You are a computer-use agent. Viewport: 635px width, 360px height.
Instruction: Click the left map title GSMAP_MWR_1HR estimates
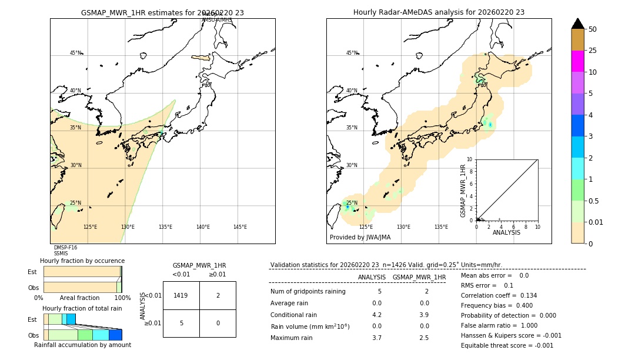click(162, 12)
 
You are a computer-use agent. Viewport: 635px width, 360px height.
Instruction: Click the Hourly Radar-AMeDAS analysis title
click(439, 12)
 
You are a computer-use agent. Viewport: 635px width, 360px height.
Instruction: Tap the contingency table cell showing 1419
click(181, 295)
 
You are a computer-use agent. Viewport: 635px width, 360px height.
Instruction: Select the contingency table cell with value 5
click(181, 323)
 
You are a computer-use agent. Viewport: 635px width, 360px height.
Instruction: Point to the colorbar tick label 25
click(593, 51)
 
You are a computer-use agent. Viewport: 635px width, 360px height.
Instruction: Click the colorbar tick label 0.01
click(596, 222)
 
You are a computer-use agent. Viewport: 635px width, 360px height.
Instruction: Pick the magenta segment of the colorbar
click(577, 61)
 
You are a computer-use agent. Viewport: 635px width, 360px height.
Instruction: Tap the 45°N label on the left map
click(75, 53)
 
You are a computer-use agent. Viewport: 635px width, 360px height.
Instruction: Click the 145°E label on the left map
click(240, 227)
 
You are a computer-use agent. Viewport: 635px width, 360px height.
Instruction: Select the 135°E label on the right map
click(441, 227)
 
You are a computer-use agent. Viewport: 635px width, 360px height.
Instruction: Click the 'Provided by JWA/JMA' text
click(360, 238)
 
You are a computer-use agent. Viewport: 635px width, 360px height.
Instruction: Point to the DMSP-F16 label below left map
click(65, 248)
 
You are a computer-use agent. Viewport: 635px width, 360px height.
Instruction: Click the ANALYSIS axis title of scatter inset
click(506, 232)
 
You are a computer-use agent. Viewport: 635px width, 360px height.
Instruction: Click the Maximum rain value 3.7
click(376, 338)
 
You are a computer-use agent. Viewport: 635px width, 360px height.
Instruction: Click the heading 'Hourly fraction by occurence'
click(82, 261)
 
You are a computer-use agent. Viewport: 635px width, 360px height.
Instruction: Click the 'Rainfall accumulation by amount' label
click(82, 345)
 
